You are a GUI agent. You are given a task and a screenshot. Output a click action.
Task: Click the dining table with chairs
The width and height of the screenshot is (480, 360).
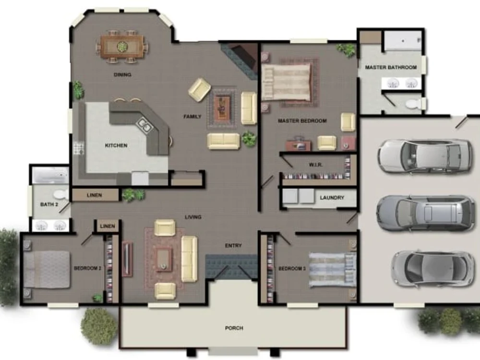(122, 47)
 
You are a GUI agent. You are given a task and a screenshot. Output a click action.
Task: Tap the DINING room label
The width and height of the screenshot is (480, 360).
(122, 75)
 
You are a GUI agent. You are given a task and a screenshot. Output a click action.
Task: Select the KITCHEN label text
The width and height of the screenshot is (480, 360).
(116, 145)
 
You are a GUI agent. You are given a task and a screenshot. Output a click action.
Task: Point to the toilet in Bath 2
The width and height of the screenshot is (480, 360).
(60, 195)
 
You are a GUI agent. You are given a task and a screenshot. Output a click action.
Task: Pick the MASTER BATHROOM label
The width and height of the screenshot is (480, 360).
(391, 68)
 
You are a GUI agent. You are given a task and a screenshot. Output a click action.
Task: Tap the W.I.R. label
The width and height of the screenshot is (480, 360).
(315, 165)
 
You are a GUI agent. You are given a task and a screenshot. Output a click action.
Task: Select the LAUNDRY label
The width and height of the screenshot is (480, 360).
(332, 197)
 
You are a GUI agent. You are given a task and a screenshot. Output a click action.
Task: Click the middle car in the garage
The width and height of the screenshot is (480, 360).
(425, 213)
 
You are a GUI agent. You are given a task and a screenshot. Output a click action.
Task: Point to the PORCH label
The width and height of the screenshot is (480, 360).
(234, 328)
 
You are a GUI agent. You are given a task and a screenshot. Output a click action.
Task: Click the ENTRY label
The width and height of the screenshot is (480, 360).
(233, 246)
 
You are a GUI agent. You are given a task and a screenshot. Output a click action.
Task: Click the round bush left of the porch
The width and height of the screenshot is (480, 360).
(98, 326)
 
